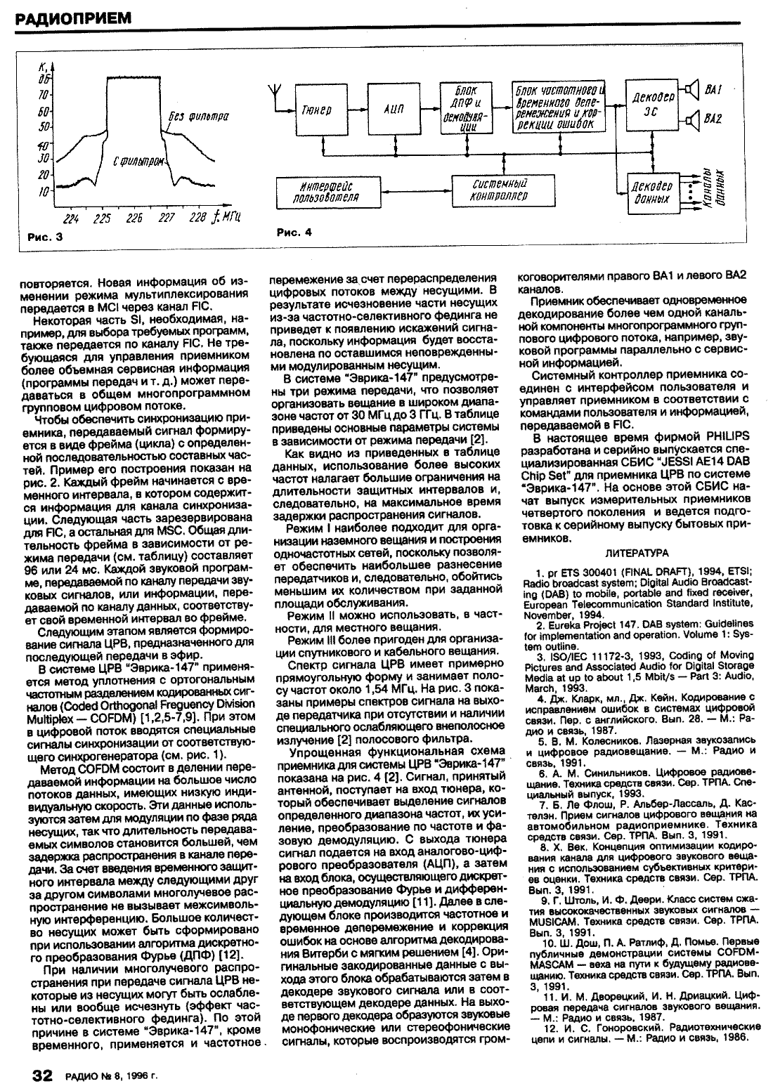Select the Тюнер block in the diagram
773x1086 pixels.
(x=316, y=110)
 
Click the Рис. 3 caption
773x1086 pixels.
(x=45, y=237)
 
